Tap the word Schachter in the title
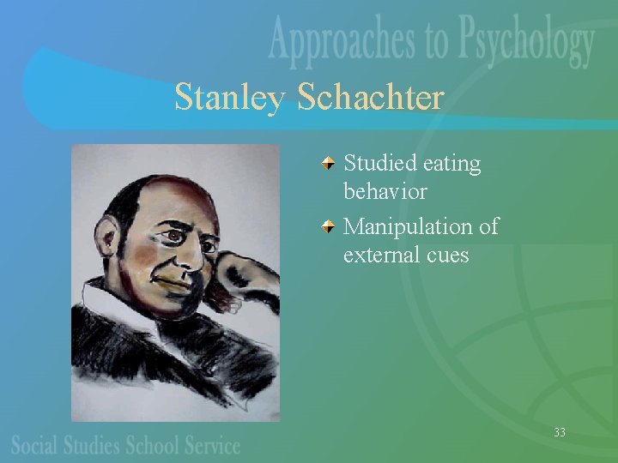click(370, 97)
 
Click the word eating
click(454, 164)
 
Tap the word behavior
click(385, 190)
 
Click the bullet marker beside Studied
click(330, 162)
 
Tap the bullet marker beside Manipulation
click(330, 226)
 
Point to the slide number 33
click(560, 432)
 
